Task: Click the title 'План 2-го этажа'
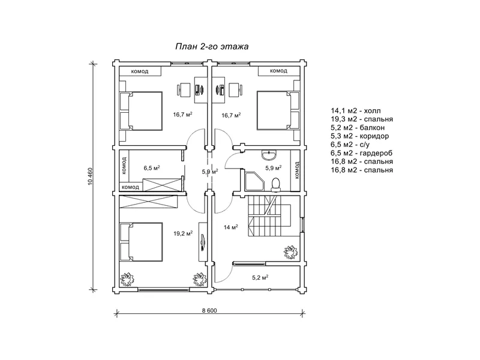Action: (x=212, y=47)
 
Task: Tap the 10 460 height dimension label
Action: (x=90, y=176)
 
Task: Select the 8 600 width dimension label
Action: (x=209, y=310)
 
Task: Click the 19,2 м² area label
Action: (x=183, y=233)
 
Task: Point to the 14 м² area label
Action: (x=231, y=227)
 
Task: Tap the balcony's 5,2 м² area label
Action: (x=260, y=278)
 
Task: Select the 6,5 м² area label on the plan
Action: (x=152, y=168)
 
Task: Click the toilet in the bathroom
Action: (x=276, y=185)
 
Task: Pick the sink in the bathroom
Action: (x=269, y=155)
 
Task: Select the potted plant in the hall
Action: (x=290, y=253)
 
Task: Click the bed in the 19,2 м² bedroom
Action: (x=141, y=242)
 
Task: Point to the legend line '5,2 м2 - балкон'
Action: (x=358, y=128)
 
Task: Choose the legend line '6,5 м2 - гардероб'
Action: (x=362, y=153)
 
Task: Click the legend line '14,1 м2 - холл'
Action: (x=356, y=111)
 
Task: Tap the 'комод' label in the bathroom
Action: (x=296, y=170)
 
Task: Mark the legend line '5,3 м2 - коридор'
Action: (x=359, y=136)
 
